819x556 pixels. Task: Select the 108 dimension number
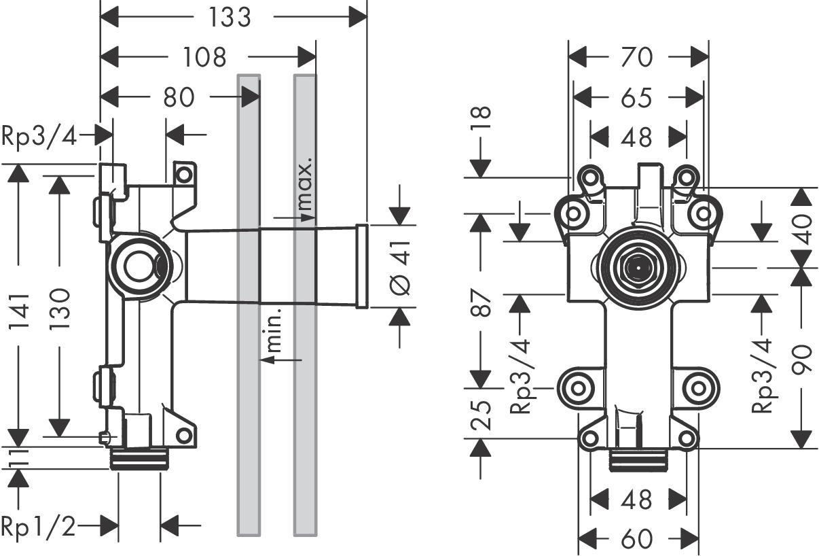tap(204, 57)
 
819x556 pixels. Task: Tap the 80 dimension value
tap(179, 98)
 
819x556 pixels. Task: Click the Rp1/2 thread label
tap(39, 525)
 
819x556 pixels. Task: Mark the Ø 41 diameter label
tap(401, 267)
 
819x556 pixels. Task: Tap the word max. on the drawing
tap(305, 185)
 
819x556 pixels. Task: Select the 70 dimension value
tap(636, 58)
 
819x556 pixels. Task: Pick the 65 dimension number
tap(636, 99)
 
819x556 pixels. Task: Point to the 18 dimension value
tap(481, 122)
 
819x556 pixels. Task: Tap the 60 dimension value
tap(636, 539)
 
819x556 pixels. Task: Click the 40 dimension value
tap(803, 229)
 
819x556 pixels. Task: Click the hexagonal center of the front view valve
tap(636, 266)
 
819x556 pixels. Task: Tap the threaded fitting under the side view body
tap(139, 460)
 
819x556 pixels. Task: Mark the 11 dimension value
tap(18, 457)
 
